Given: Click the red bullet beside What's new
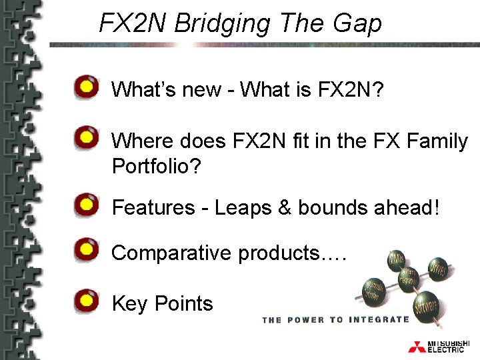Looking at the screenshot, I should (85, 87).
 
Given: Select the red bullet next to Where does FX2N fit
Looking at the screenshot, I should (85, 139).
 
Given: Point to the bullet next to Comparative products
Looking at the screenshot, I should (85, 251).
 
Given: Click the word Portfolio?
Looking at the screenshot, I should (156, 165).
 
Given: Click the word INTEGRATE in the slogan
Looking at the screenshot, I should (378, 320).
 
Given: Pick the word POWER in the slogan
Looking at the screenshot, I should (307, 320).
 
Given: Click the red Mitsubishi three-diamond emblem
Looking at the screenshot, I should (417, 347).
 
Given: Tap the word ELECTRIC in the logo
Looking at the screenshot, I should (446, 350).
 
